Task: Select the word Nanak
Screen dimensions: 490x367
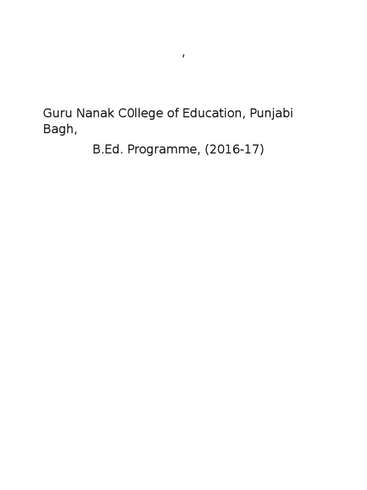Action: click(x=91, y=114)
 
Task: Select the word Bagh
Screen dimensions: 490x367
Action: click(x=58, y=130)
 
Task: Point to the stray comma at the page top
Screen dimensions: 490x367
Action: click(x=183, y=56)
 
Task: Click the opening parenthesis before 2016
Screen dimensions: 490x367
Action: click(x=207, y=150)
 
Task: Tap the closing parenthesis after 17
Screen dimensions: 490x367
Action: click(x=262, y=150)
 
